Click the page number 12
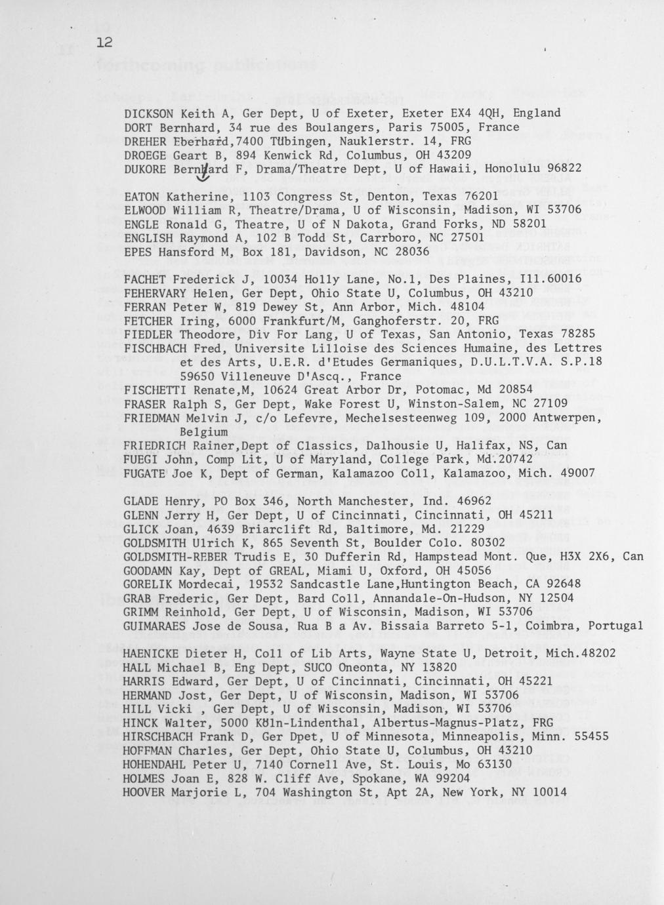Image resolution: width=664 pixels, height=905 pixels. (104, 43)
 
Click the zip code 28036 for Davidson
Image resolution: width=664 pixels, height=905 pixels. (411, 252)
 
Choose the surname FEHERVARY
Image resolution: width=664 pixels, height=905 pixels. (155, 293)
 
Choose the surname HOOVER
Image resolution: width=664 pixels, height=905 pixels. (145, 792)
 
